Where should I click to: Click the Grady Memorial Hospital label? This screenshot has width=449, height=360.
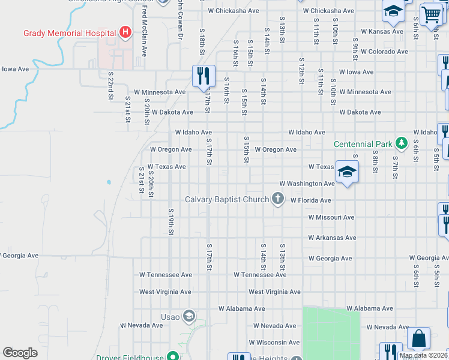(x=69, y=32)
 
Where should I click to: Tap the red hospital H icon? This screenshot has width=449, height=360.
(x=125, y=32)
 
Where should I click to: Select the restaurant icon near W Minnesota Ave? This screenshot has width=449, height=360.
(x=203, y=76)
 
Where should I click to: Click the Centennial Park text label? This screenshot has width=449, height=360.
(x=364, y=144)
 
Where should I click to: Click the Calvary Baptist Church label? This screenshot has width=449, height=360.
(x=227, y=199)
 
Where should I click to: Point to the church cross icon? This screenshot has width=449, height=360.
(x=278, y=199)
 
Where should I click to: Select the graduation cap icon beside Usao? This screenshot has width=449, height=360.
(x=189, y=316)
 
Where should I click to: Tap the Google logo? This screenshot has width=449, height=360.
(x=20, y=352)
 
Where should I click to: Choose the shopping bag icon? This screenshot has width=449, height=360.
(x=418, y=338)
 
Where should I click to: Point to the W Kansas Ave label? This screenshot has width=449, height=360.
(x=385, y=31)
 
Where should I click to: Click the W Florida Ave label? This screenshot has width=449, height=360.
(x=310, y=200)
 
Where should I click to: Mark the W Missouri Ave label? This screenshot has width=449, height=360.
(x=331, y=217)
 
